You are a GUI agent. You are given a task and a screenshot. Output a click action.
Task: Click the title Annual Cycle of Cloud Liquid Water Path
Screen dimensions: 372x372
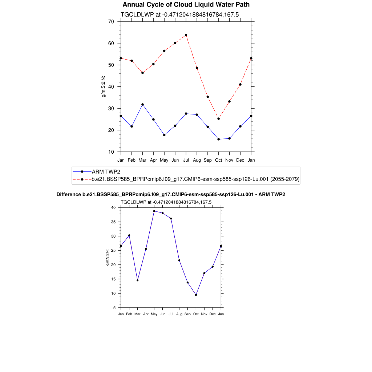coord(186,5)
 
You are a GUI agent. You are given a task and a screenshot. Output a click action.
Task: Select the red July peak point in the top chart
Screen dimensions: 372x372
coord(186,35)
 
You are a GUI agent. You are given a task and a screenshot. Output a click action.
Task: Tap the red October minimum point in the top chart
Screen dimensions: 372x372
coord(218,119)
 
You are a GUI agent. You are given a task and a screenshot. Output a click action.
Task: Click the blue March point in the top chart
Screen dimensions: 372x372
coord(142,105)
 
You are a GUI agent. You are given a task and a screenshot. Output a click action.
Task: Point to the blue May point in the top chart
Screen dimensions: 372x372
coord(164,135)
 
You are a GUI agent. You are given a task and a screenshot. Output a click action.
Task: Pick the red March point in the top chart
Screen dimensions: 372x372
coord(142,73)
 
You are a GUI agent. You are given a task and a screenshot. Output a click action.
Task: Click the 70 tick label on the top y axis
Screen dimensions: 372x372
coord(111,22)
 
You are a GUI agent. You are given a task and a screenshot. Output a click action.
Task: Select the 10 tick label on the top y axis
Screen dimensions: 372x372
coord(111,152)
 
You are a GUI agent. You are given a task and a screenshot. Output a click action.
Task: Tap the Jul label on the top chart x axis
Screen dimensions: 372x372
coord(186,160)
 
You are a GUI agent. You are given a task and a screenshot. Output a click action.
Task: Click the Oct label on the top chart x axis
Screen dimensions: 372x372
coord(218,160)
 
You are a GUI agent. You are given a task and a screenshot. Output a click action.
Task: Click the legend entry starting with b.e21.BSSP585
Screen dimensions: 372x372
coord(195,179)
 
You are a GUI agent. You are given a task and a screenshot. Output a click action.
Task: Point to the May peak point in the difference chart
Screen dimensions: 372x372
coord(154,211)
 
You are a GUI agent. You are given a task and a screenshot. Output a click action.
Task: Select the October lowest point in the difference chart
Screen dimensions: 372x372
coord(196,295)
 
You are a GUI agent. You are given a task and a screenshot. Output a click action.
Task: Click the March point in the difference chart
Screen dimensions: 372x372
coord(137,280)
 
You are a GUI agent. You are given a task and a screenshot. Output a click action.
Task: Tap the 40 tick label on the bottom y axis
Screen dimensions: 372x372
coord(113,208)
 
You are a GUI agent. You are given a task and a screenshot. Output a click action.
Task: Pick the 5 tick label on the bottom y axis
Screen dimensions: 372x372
coord(114,308)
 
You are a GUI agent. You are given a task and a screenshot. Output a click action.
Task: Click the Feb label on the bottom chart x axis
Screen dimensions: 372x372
coord(129,314)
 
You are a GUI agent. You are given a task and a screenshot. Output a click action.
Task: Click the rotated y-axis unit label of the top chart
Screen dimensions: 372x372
coord(103,87)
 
